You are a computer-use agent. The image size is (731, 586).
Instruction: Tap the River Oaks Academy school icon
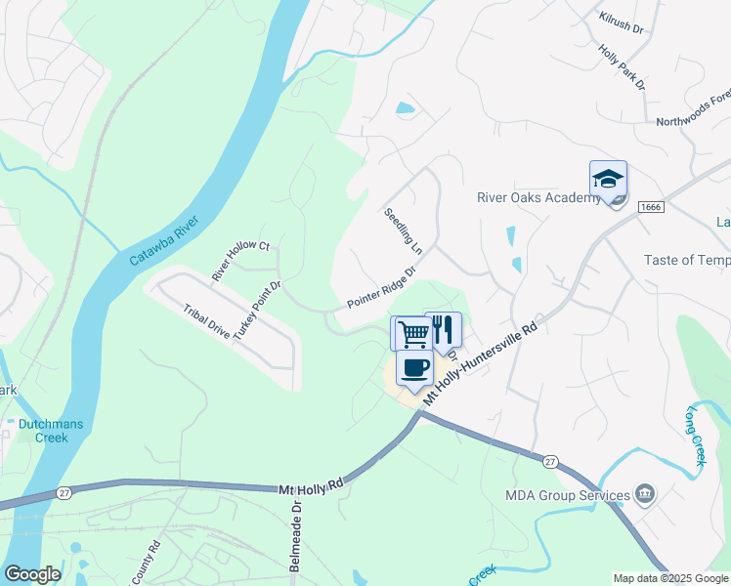[x=608, y=179]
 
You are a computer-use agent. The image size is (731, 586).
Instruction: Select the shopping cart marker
[x=413, y=333]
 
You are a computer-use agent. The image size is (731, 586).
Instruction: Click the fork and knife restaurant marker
[x=443, y=329]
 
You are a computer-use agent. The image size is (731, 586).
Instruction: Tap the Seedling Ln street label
[x=403, y=231]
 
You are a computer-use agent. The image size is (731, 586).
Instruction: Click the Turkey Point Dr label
[x=257, y=304]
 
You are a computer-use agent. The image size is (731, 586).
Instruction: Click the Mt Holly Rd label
[x=312, y=487]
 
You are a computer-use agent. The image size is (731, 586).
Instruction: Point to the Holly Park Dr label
[x=623, y=70]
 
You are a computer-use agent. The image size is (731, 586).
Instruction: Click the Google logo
[x=32, y=574]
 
